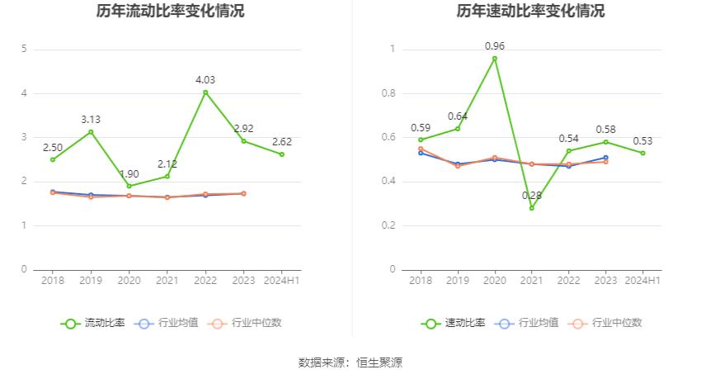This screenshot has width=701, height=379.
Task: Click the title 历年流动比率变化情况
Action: pyautogui.click(x=171, y=12)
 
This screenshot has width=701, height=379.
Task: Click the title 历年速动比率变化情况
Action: pyautogui.click(x=530, y=12)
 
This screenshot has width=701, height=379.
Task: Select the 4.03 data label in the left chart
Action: pyautogui.click(x=205, y=79)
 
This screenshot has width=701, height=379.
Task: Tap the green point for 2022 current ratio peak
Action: pyautogui.click(x=205, y=92)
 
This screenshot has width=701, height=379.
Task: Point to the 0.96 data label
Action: pyautogui.click(x=495, y=46)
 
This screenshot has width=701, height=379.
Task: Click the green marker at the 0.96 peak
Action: pyautogui.click(x=495, y=59)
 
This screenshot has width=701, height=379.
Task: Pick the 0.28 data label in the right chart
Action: pyautogui.click(x=531, y=195)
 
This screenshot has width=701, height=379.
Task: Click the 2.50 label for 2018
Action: pyautogui.click(x=54, y=147)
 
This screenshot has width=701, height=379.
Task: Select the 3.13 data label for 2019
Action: pyautogui.click(x=91, y=120)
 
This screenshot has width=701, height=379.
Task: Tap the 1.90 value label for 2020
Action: pyautogui.click(x=129, y=173)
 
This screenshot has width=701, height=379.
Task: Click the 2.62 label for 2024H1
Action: pyautogui.click(x=281, y=141)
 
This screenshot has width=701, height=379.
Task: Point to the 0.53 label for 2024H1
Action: pyautogui.click(x=643, y=140)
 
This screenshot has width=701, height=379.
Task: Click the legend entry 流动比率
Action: pyautogui.click(x=94, y=323)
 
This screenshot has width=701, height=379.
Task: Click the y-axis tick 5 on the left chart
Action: pyautogui.click(x=25, y=50)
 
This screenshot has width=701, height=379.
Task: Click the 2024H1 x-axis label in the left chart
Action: pyautogui.click(x=281, y=281)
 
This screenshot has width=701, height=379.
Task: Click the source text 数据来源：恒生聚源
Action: pyautogui.click(x=350, y=362)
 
